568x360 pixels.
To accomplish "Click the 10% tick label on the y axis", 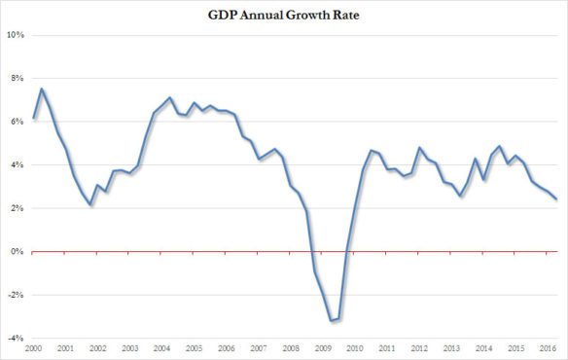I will [17, 35].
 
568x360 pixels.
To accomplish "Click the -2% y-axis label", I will [17, 295].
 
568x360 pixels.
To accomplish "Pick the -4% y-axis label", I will [17, 338].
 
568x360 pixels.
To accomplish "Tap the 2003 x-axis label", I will [130, 348].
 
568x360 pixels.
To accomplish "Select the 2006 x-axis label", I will [227, 348].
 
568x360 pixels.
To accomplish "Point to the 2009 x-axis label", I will [323, 348].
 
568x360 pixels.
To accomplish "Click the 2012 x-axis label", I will [419, 348].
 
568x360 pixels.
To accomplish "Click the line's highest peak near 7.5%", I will [42, 90].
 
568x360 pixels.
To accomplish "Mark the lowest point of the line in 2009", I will [331, 320].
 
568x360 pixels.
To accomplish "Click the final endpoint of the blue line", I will [555, 198].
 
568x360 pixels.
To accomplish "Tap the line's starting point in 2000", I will [34, 118].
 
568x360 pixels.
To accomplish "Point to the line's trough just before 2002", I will [89, 204].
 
